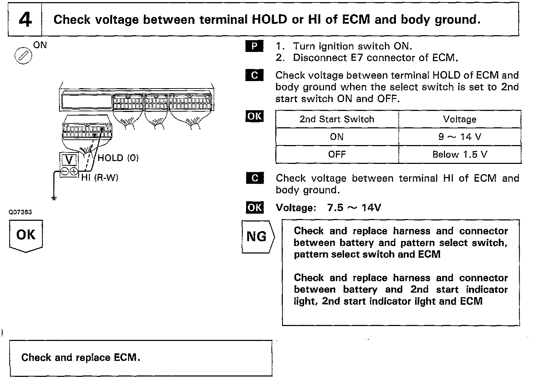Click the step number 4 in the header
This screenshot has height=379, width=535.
point(25,20)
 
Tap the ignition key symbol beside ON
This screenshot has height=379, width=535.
point(23,56)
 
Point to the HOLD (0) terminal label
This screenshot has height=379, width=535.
point(118,158)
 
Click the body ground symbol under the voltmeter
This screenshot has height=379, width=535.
point(54,198)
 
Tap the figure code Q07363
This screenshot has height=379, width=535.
point(20,212)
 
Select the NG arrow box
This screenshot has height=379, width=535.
point(258,236)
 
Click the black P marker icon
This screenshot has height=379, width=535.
point(254,46)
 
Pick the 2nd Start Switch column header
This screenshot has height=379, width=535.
point(337,119)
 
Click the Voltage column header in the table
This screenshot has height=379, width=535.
point(460,119)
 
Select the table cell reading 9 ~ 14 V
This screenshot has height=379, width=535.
point(460,137)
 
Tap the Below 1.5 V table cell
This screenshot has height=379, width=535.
point(460,155)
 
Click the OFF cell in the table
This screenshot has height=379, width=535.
point(337,155)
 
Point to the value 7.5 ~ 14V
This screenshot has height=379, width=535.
point(354,208)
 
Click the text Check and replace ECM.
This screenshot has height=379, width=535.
point(81,357)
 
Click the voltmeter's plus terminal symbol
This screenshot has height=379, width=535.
point(74,171)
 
